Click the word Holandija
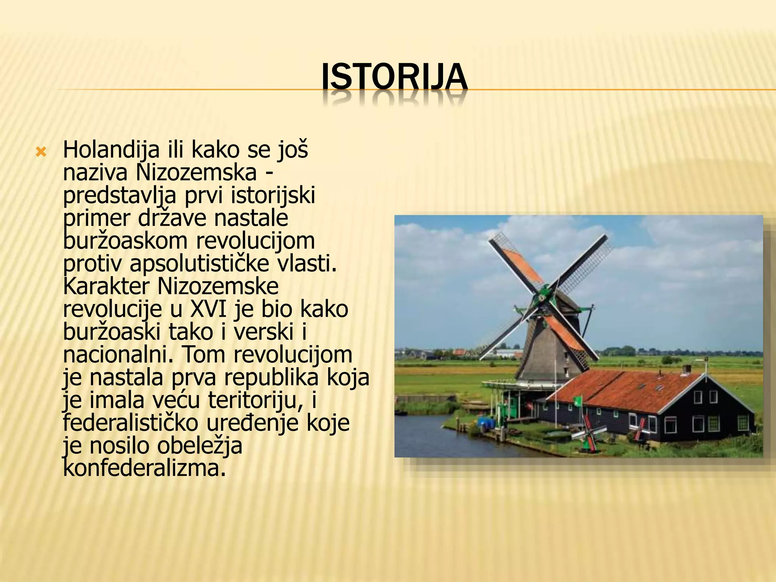coord(111,150)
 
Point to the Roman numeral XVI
coord(208,309)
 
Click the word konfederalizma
coord(144,468)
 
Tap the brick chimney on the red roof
coord(686,369)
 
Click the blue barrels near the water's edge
coord(485,421)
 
